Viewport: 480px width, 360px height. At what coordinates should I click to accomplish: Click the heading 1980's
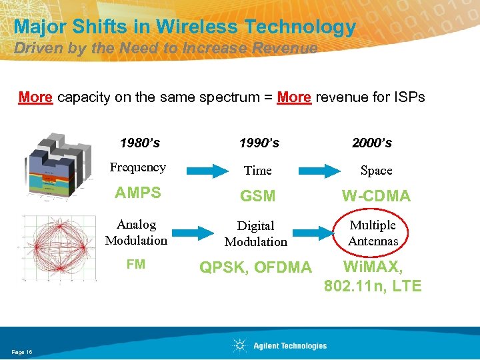(x=139, y=143)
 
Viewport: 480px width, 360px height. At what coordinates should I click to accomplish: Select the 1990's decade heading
(x=259, y=143)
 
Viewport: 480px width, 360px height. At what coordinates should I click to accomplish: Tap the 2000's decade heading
(x=371, y=143)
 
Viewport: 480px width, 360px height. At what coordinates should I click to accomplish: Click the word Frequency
(x=137, y=167)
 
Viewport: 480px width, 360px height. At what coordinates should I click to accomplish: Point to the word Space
(x=376, y=171)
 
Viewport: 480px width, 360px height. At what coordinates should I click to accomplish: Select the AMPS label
(x=137, y=193)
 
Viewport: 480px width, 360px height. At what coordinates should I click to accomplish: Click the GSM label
(x=258, y=197)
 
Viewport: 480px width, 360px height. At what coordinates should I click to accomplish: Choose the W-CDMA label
(x=376, y=196)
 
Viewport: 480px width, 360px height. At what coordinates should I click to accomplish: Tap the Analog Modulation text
(x=136, y=233)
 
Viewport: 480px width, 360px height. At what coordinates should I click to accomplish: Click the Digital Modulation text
(x=256, y=234)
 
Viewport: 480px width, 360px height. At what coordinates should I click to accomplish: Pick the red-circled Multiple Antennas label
(x=373, y=233)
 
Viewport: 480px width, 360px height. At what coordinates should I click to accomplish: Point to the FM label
(x=136, y=265)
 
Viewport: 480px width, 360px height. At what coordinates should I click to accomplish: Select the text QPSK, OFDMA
(x=256, y=267)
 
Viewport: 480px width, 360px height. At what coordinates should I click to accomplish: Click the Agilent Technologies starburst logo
(x=239, y=345)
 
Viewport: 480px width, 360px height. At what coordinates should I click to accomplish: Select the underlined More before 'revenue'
(x=294, y=97)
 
